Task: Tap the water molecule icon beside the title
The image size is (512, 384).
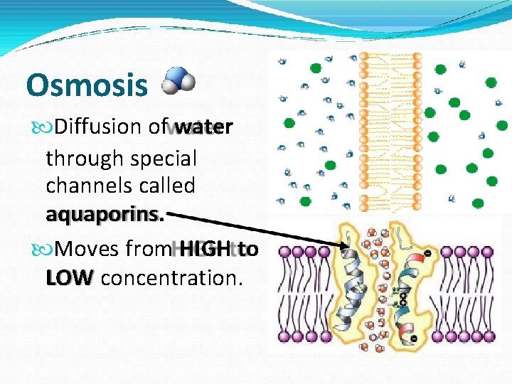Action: (x=177, y=80)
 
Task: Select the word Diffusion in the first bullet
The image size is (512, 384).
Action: (x=100, y=127)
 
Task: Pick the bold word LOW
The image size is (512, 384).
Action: (x=69, y=278)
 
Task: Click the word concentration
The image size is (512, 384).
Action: (x=171, y=278)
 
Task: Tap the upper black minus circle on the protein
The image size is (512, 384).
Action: (x=428, y=253)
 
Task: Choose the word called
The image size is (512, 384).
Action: (x=169, y=186)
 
